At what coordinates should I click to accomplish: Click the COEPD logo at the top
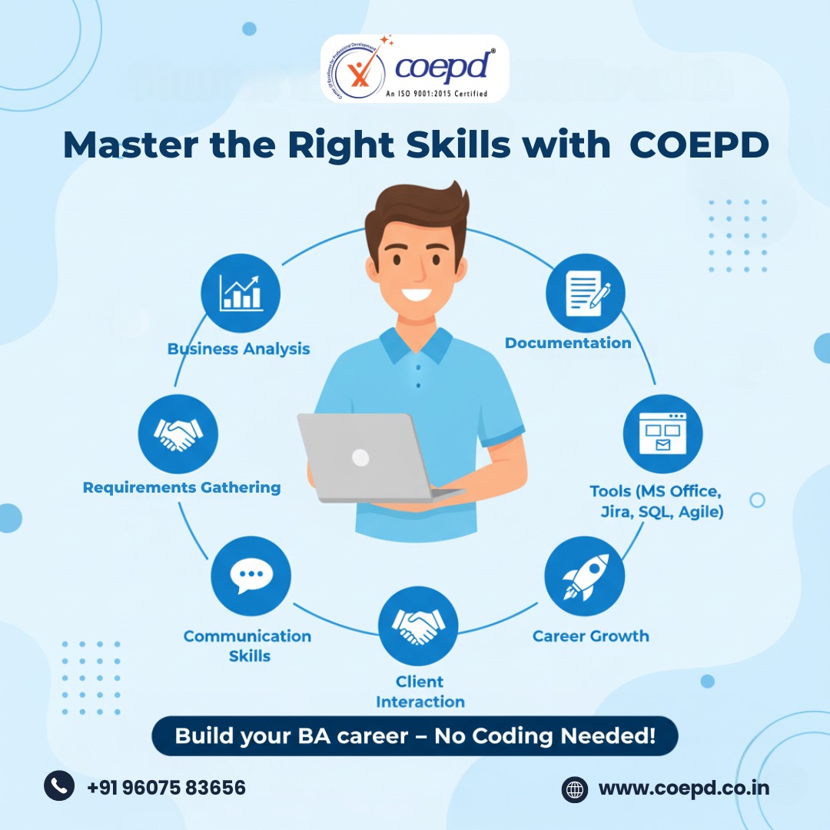(x=414, y=68)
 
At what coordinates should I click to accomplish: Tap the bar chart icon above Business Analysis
(x=241, y=293)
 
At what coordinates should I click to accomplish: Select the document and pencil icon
(x=586, y=293)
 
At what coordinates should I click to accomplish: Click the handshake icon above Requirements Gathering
(x=178, y=434)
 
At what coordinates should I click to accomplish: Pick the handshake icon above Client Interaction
(x=418, y=626)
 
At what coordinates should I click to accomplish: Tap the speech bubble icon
(x=251, y=576)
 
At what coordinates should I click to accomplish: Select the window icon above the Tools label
(x=662, y=433)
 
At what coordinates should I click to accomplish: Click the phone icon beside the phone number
(x=59, y=785)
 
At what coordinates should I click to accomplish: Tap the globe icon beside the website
(x=575, y=790)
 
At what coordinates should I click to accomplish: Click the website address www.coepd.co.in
(x=684, y=788)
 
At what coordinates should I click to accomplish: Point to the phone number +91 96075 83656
(x=166, y=788)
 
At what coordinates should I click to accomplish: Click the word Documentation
(x=568, y=343)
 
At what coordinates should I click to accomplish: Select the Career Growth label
(x=591, y=636)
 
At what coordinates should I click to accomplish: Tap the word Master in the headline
(x=131, y=144)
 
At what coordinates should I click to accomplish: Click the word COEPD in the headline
(x=699, y=144)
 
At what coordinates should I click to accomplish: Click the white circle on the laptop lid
(x=360, y=457)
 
